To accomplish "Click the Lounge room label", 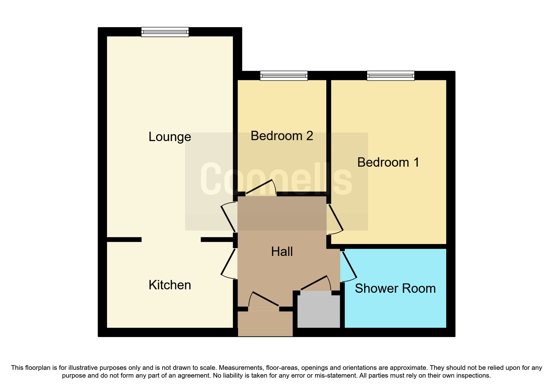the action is click(x=170, y=137).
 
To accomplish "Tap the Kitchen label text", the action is click(x=170, y=285).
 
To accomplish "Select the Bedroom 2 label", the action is click(x=282, y=136).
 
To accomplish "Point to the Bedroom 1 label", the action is click(x=388, y=162).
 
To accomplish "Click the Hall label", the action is click(x=282, y=252).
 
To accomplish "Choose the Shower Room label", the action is click(x=395, y=288).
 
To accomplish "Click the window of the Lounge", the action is click(x=165, y=32).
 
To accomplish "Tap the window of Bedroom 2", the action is click(x=284, y=76).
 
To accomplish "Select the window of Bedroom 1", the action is click(x=391, y=76).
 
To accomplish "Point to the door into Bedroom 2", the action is click(x=261, y=187).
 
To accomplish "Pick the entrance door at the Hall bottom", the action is click(x=264, y=299).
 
